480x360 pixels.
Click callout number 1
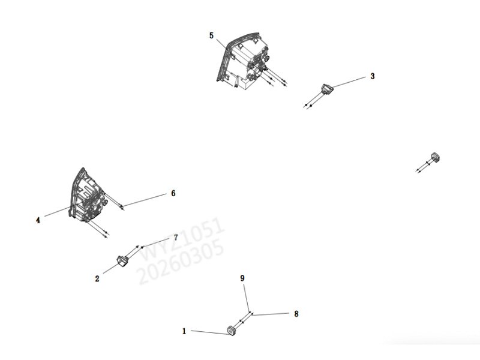click(x=184, y=331)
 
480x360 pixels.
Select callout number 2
click(x=97, y=279)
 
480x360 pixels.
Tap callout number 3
click(x=372, y=76)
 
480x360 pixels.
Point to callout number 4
click(x=38, y=220)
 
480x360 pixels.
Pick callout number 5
click(x=211, y=35)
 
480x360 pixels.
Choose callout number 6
click(x=173, y=193)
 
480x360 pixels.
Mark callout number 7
click(x=176, y=237)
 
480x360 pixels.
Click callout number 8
click(x=296, y=314)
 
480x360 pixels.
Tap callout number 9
click(x=242, y=278)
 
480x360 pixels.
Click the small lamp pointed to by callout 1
click(x=232, y=331)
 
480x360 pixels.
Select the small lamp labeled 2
click(x=122, y=261)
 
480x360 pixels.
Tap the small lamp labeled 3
click(x=326, y=88)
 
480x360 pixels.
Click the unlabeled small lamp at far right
click(x=435, y=157)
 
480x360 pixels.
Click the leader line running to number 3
click(x=349, y=82)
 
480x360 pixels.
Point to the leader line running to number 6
click(x=144, y=200)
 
